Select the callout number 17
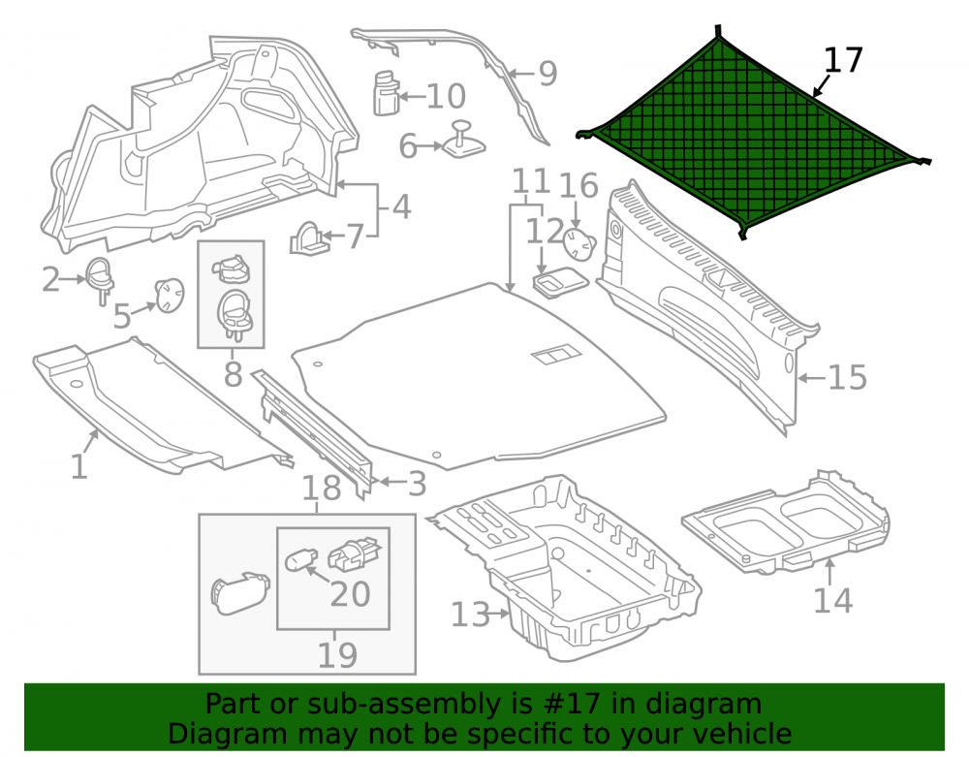pyautogui.click(x=843, y=60)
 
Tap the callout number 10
pyautogui.click(x=446, y=96)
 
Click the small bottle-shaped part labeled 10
pyautogui.click(x=387, y=93)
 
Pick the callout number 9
pyautogui.click(x=548, y=74)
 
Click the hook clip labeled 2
pyautogui.click(x=100, y=279)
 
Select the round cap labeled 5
pyautogui.click(x=169, y=295)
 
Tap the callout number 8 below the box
pyautogui.click(x=233, y=374)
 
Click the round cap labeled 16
pyautogui.click(x=579, y=244)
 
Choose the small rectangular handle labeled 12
pyautogui.click(x=560, y=283)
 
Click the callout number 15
pyautogui.click(x=847, y=377)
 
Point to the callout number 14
pyautogui.click(x=832, y=600)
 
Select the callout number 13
pyautogui.click(x=470, y=615)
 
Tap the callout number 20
pyautogui.click(x=350, y=594)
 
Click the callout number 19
pyautogui.click(x=337, y=655)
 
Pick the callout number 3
pyautogui.click(x=417, y=484)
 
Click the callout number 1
pyautogui.click(x=78, y=466)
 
